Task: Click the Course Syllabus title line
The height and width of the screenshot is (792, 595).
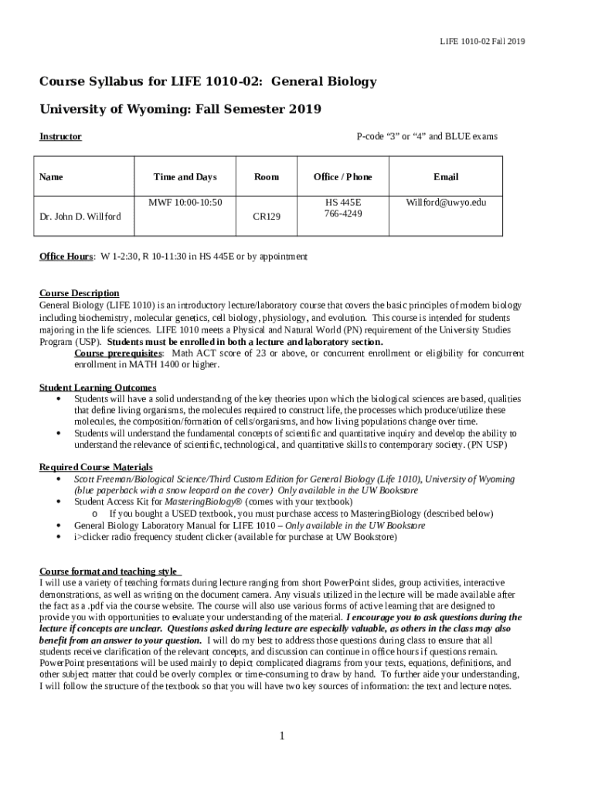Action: click(x=208, y=81)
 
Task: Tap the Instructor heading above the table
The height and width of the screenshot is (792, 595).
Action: click(x=60, y=137)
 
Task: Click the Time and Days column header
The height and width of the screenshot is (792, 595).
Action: click(x=185, y=177)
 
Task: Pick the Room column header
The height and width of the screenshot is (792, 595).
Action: click(x=267, y=177)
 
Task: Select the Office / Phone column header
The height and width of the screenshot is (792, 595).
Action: click(x=343, y=177)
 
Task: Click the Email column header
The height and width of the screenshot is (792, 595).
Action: click(x=446, y=177)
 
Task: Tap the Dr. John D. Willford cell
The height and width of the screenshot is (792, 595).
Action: click(x=80, y=216)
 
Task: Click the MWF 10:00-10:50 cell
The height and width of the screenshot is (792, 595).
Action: click(x=185, y=202)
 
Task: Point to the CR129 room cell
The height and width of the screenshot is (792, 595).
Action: click(x=267, y=217)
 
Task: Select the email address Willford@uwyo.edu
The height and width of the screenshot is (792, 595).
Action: click(x=446, y=202)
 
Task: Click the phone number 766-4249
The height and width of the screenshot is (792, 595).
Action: click(x=343, y=213)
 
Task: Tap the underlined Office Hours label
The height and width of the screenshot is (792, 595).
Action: click(x=66, y=256)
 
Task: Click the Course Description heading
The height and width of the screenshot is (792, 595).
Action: click(x=80, y=293)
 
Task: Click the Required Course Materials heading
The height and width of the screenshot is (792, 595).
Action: click(x=96, y=467)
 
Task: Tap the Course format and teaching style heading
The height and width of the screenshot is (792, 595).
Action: click(x=109, y=572)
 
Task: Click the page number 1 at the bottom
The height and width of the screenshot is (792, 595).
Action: click(x=283, y=735)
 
